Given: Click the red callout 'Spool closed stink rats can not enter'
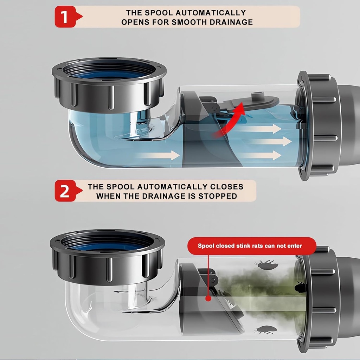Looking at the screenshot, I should tap(250, 246).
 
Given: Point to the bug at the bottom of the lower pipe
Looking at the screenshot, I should tap(266, 330).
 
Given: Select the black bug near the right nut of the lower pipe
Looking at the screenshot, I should tap(300, 288).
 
